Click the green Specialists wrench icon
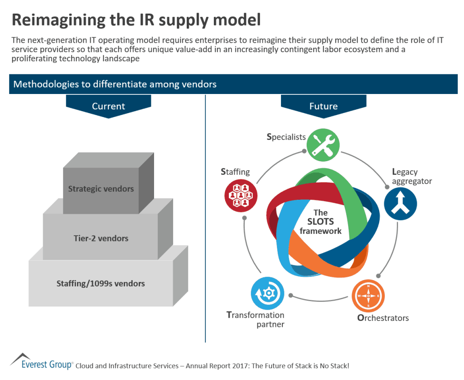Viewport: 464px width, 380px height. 323,145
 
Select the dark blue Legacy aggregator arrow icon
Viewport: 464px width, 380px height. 401,204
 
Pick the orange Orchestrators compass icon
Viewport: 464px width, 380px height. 368,296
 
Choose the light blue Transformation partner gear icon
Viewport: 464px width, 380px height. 267,293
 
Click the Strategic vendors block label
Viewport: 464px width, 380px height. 101,188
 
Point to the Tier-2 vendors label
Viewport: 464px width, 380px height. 101,238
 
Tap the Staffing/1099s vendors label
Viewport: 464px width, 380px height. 101,283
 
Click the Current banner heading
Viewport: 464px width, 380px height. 108,106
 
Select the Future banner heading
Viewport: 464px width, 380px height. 323,106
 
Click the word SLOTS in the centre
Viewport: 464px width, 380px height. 320,222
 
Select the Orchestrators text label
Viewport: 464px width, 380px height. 383,318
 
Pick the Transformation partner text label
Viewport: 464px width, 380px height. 256,320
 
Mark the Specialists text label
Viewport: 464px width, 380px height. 286,137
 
